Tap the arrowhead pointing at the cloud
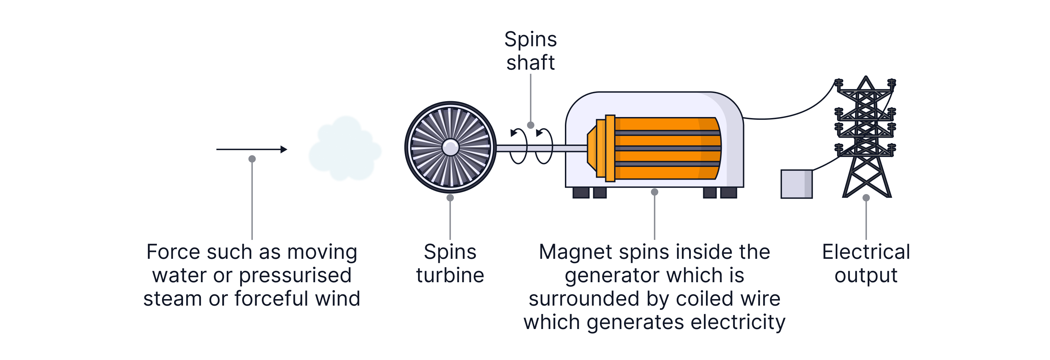pyautogui.click(x=284, y=150)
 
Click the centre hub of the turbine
pyautogui.click(x=450, y=147)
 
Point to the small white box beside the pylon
pyautogui.click(x=796, y=184)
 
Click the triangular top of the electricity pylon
pyautogui.click(x=866, y=84)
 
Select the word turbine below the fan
pyautogui.click(x=450, y=275)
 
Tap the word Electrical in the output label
pyautogui.click(x=866, y=252)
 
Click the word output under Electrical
pyautogui.click(x=866, y=276)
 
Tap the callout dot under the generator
pyautogui.click(x=655, y=192)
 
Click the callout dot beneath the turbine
pyautogui.click(x=450, y=198)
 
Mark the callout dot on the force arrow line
pyautogui.click(x=252, y=159)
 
